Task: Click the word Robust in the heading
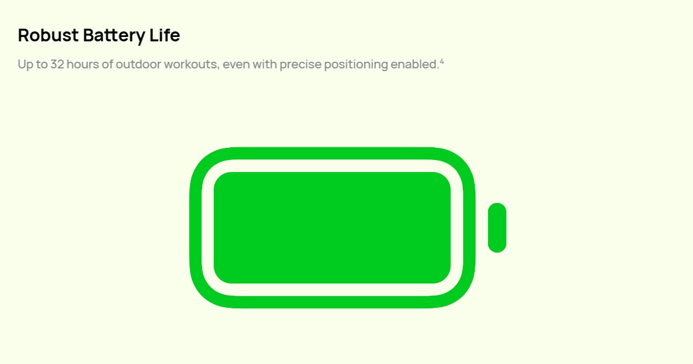coord(48,35)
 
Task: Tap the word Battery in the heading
coord(114,36)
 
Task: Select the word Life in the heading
coord(165,35)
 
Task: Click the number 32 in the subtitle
coord(57,65)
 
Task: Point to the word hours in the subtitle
coord(83,65)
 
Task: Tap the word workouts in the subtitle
coord(190,65)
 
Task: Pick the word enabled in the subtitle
coord(414,65)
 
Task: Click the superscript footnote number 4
coord(442,62)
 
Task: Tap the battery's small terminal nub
coord(497,228)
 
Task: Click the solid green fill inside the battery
coord(332,228)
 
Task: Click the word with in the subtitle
coord(264,65)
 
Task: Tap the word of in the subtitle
coord(107,65)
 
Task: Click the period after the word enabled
coord(438,68)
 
